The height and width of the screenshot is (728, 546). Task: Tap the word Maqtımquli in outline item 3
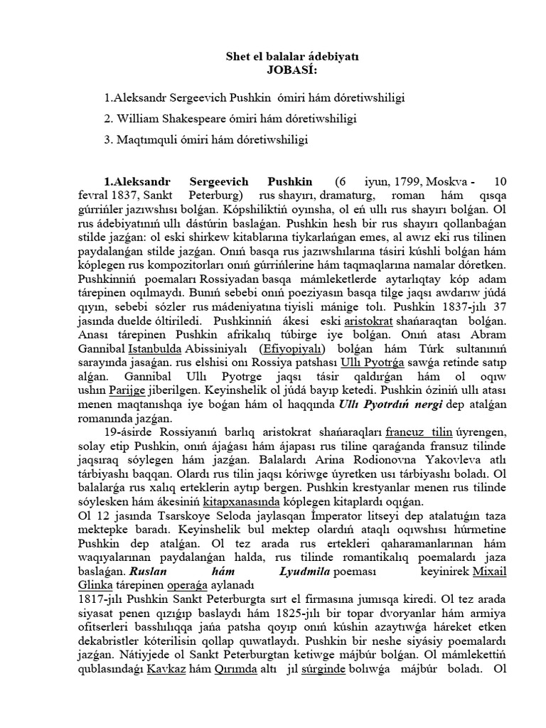[143, 140]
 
